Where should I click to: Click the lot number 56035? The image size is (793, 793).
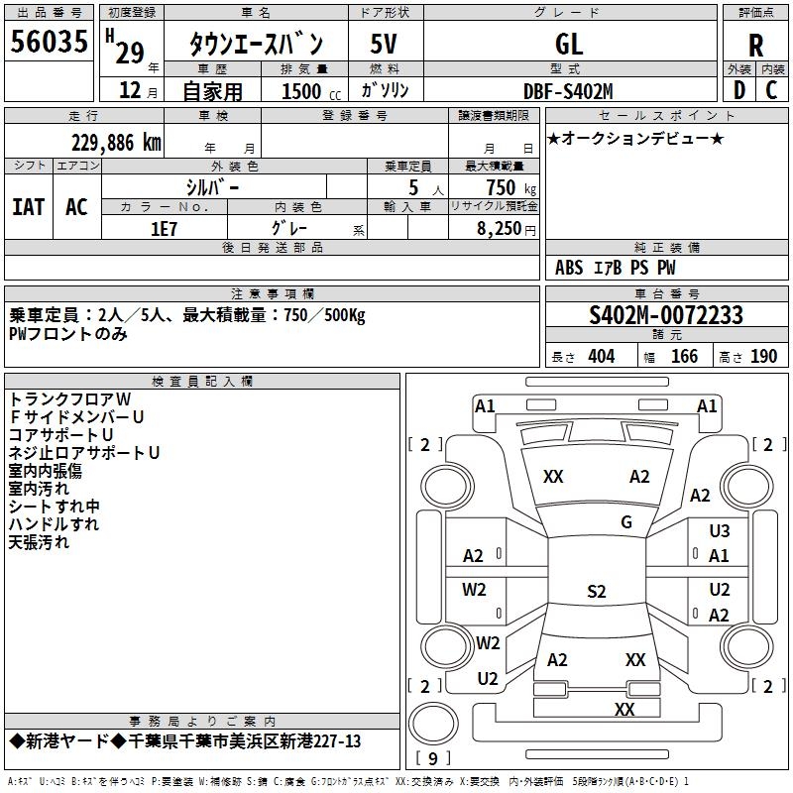[x=49, y=42]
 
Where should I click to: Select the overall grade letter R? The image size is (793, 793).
[x=755, y=45]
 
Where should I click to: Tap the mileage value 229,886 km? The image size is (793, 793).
[x=116, y=143]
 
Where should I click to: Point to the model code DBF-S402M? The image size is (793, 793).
[x=568, y=91]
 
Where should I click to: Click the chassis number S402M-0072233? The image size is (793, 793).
[x=666, y=315]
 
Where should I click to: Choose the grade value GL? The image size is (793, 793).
[x=569, y=44]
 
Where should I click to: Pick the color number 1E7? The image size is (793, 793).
[x=164, y=229]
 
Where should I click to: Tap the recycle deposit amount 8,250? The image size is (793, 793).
[x=500, y=229]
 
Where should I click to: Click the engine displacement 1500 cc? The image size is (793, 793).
[x=311, y=91]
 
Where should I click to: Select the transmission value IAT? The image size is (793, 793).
[x=29, y=207]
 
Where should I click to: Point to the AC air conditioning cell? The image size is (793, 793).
[x=77, y=207]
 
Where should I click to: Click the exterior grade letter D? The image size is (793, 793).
[x=738, y=90]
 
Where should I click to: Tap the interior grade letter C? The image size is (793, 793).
[x=771, y=90]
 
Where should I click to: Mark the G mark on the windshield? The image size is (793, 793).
[x=626, y=522]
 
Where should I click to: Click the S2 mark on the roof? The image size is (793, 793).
[x=597, y=591]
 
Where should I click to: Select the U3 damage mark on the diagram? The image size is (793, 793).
[x=720, y=531]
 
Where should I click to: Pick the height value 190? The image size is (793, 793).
[x=763, y=357]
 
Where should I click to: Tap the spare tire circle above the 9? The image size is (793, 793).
[x=433, y=724]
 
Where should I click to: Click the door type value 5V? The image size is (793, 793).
[x=384, y=44]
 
